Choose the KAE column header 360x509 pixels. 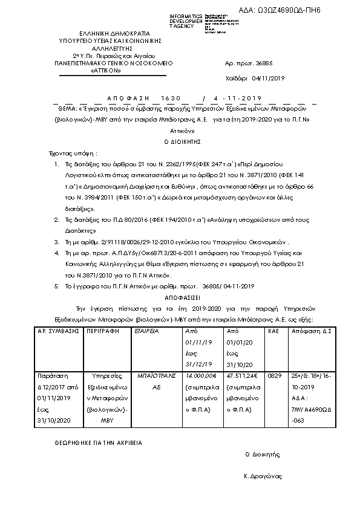pyautogui.click(x=273, y=332)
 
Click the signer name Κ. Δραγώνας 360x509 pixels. pyautogui.click(x=263, y=476)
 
